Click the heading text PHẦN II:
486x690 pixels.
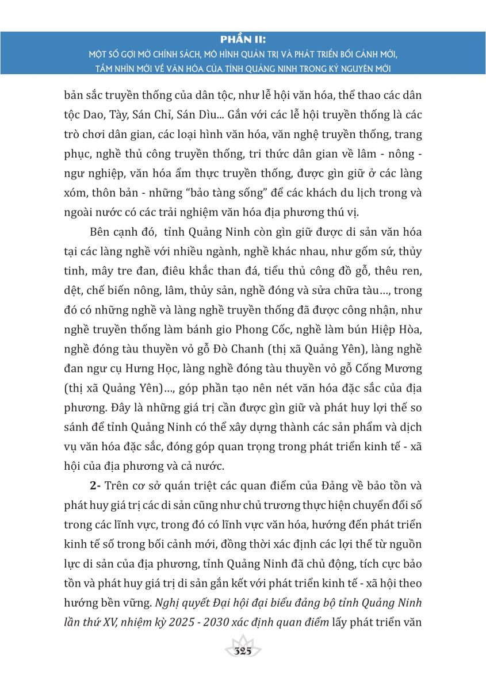(x=243, y=40)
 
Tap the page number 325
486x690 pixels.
(x=243, y=651)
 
